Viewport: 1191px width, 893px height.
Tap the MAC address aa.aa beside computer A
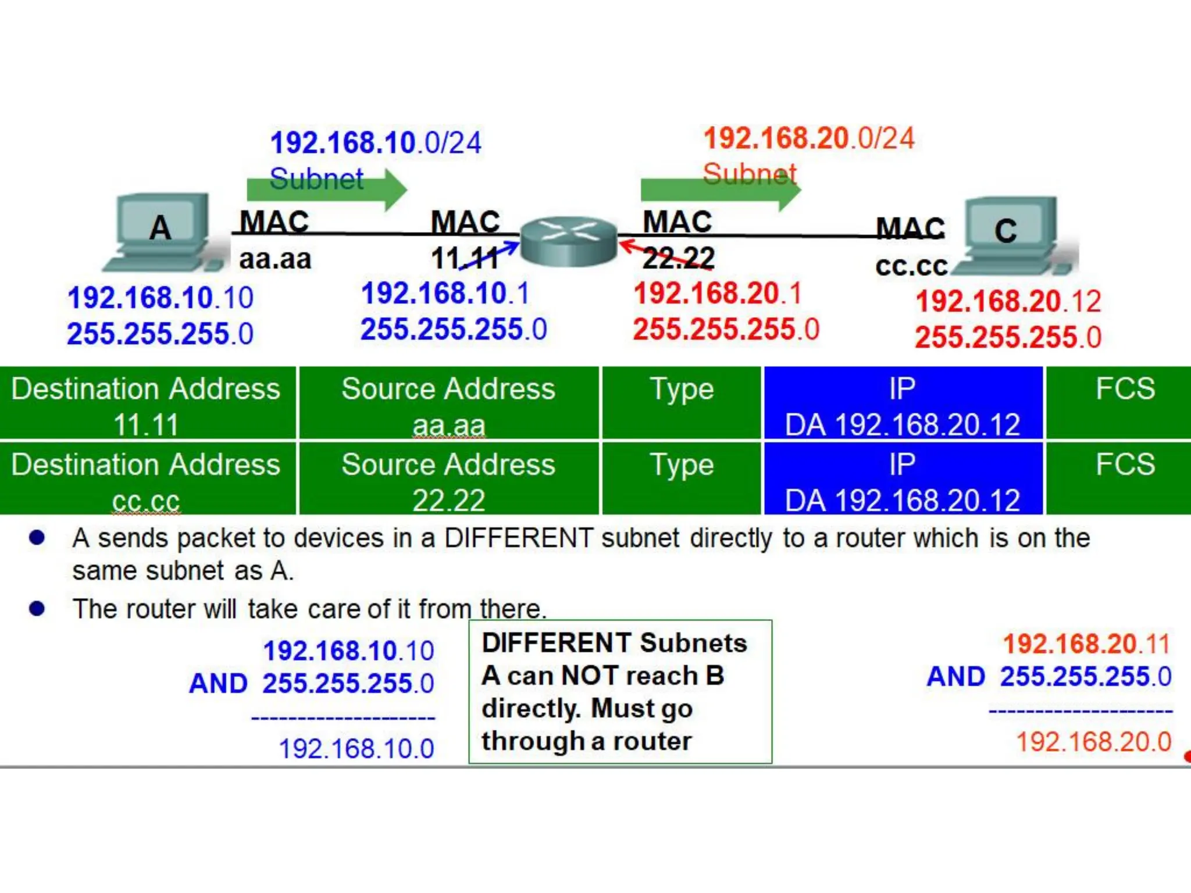pos(275,259)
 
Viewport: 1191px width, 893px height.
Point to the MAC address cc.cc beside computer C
pos(911,266)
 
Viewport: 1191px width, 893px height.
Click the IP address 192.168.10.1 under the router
pos(445,293)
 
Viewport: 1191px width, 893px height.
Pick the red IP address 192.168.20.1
pos(718,293)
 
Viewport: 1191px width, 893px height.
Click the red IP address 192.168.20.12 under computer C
pos(1008,301)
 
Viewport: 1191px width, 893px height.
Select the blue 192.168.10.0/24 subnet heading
pos(376,143)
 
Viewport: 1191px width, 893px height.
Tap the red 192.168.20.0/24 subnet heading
pos(809,139)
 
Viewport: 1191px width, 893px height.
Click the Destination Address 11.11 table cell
pos(147,403)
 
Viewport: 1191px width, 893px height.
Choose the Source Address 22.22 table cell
pos(448,479)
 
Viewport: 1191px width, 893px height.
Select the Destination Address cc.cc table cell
pos(147,479)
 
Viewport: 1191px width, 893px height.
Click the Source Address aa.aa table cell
pos(448,403)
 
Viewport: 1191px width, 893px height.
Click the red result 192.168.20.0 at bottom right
pos(1093,742)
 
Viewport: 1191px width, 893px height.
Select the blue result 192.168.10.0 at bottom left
pos(356,748)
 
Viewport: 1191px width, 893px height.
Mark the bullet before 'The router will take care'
pos(37,609)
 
